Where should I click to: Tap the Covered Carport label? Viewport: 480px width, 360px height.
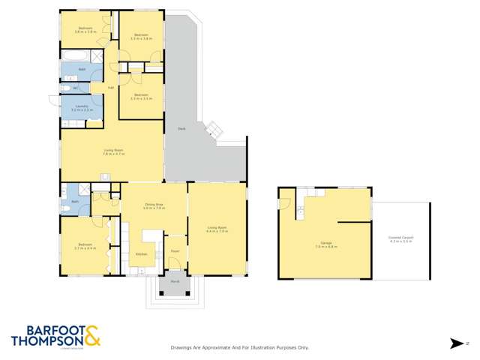[402, 238]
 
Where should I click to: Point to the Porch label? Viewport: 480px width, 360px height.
[174, 282]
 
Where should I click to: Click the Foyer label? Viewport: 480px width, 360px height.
[174, 251]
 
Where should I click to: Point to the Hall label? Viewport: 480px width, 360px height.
[111, 88]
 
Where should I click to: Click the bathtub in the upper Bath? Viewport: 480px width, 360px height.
[74, 57]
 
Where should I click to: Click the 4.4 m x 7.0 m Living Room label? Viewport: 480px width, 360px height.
[216, 229]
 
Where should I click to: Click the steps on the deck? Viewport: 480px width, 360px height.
[215, 130]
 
